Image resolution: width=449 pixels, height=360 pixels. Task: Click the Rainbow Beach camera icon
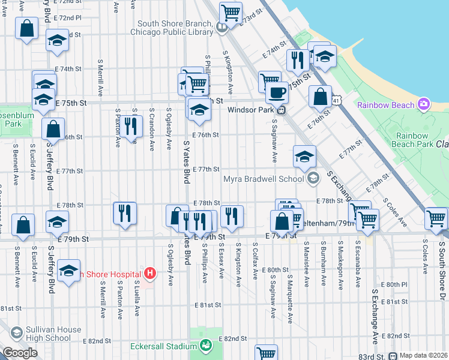(x=424, y=105)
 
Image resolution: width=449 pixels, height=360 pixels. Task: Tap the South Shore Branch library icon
(x=221, y=26)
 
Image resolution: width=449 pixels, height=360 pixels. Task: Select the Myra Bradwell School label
(x=263, y=179)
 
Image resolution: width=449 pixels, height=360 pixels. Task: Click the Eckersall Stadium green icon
(x=206, y=345)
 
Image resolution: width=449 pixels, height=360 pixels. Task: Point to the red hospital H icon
(x=151, y=274)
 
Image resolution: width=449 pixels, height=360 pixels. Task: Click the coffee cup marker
(x=277, y=93)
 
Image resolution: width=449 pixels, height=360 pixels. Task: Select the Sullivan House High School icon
(x=16, y=332)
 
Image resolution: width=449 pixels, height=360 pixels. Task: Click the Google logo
(x=19, y=353)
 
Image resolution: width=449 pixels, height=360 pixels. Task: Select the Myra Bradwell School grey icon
(x=313, y=178)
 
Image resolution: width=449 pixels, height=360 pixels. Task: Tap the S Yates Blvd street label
(x=187, y=162)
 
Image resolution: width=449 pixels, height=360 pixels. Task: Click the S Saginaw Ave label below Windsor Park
(x=274, y=140)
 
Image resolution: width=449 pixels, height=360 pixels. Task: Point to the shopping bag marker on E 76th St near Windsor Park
(x=321, y=96)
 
